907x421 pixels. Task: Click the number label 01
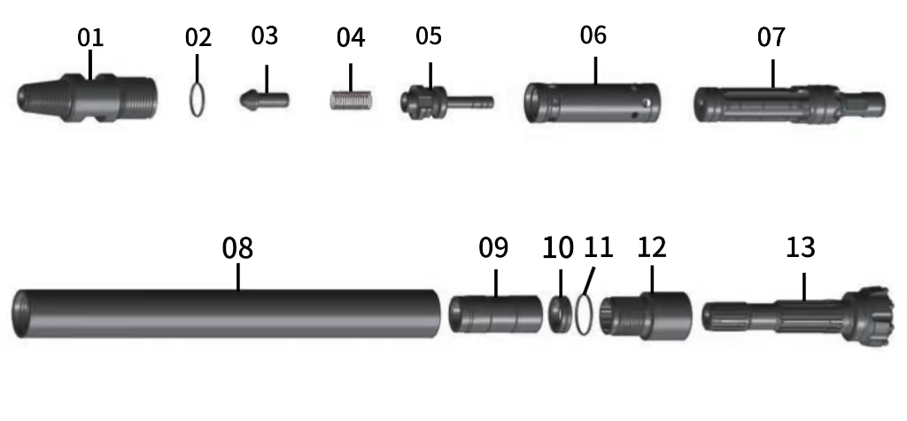(90, 37)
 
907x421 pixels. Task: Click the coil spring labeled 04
(351, 98)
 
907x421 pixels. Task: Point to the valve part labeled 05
(443, 99)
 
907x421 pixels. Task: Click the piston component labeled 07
(788, 104)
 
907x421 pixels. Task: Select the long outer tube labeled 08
(230, 313)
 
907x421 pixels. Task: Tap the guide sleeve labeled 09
(495, 314)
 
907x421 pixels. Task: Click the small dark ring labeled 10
(560, 314)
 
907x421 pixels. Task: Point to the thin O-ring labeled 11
(582, 316)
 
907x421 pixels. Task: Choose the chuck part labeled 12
(647, 314)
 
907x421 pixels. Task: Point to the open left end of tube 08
(23, 313)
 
